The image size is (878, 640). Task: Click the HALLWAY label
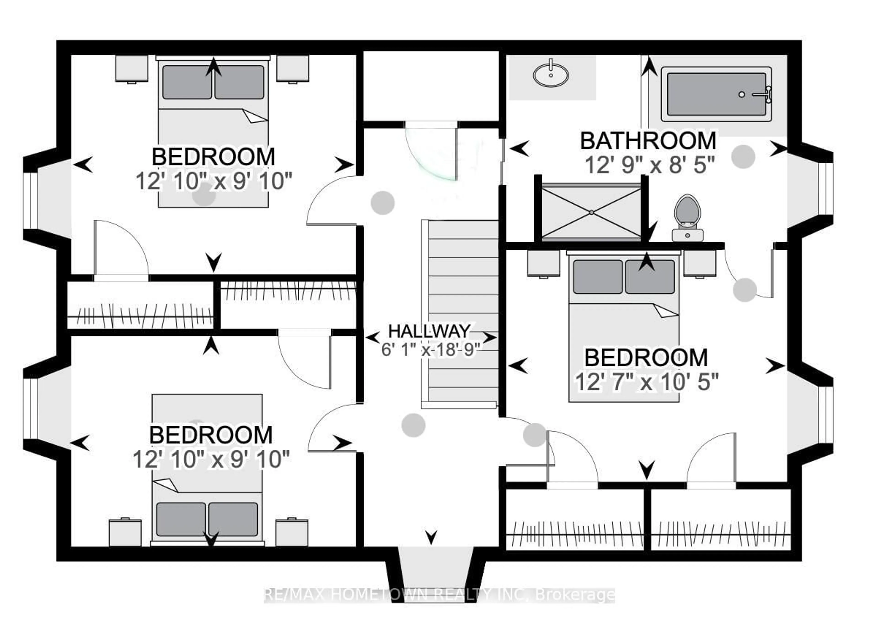click(429, 332)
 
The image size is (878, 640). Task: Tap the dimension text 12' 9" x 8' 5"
click(649, 165)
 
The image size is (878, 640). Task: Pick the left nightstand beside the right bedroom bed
click(543, 263)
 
